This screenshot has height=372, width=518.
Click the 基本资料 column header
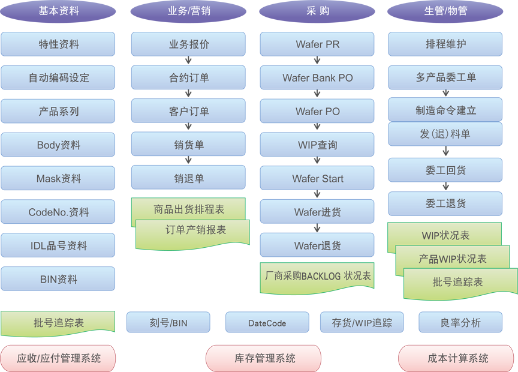(58, 11)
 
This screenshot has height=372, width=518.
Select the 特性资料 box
(58, 44)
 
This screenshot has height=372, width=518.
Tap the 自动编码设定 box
(58, 78)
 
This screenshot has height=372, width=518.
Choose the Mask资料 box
(58, 179)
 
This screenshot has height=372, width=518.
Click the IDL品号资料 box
(58, 246)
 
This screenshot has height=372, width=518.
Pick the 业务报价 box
(188, 44)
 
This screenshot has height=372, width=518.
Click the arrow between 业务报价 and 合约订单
(188, 61)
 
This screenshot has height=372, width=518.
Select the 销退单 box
(188, 178)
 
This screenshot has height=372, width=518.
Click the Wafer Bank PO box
(317, 78)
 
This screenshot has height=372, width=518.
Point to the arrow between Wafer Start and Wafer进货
(317, 194)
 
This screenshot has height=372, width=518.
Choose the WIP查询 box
(317, 145)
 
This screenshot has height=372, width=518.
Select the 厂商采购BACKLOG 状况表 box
(318, 277)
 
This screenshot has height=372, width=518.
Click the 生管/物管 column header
(445, 11)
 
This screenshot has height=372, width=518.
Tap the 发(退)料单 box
(445, 134)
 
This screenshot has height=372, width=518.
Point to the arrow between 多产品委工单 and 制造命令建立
(445, 94)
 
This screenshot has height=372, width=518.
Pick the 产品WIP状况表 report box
(453, 259)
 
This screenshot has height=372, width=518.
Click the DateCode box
(267, 323)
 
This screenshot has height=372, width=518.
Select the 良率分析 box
(460, 323)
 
